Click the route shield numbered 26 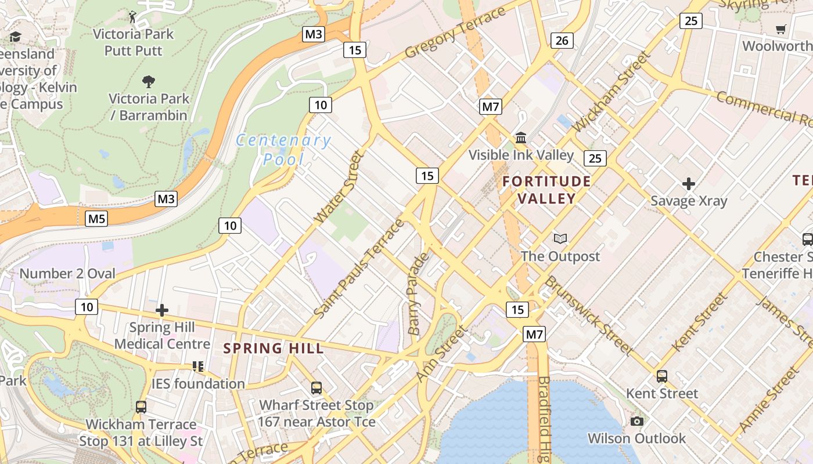562,41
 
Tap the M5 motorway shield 96,219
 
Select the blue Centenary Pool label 283,149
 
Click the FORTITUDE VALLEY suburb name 546,190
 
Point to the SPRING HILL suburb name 274,349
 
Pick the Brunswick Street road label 588,314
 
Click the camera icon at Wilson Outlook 637,421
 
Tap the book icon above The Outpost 560,238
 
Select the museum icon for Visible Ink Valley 521,138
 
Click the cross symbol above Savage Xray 689,184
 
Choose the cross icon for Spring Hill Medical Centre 162,310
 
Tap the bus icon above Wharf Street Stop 316,388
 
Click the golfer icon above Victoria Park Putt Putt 133,17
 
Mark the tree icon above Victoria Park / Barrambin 149,81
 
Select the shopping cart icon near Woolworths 781,29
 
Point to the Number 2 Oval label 67,273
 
